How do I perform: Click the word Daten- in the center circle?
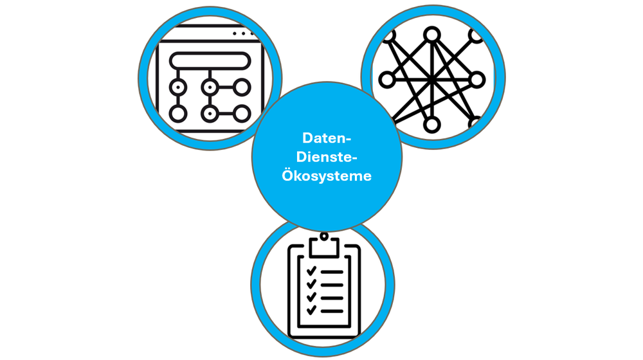[327, 138]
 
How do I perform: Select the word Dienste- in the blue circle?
[327, 156]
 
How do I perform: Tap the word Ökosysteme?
[327, 175]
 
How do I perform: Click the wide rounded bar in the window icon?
[209, 62]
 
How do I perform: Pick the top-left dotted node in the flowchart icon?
[178, 87]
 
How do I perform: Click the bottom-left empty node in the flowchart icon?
[178, 114]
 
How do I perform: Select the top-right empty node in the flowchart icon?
[242, 87]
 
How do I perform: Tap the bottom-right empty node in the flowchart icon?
[242, 114]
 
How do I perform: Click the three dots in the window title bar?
[243, 33]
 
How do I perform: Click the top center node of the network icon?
[432, 33]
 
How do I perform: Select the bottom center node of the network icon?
[432, 123]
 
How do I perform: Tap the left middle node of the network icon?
[386, 80]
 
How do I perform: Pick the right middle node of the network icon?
[476, 80]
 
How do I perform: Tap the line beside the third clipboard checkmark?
[332, 297]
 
